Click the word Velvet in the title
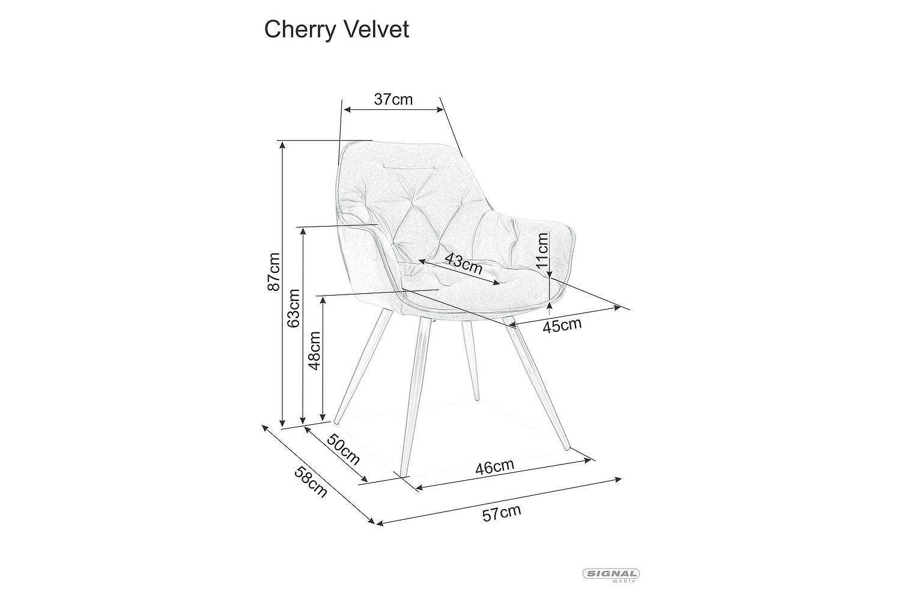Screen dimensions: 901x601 click(377, 29)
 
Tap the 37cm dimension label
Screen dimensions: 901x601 click(393, 99)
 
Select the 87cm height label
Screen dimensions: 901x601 click(273, 272)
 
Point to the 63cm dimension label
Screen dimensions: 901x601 click(294, 308)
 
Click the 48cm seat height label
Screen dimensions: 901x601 click(314, 350)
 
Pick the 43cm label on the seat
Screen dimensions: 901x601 click(463, 264)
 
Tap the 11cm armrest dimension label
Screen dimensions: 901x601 click(542, 250)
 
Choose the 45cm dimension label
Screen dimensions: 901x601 click(562, 325)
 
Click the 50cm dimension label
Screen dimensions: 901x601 click(343, 449)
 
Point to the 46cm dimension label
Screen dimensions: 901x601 click(495, 467)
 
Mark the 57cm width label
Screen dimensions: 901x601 click(502, 513)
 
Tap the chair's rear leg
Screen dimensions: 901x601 click(470, 360)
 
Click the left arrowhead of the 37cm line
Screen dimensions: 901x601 click(347, 109)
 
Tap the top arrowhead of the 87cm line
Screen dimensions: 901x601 click(283, 144)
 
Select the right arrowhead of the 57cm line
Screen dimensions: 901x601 click(619, 479)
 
